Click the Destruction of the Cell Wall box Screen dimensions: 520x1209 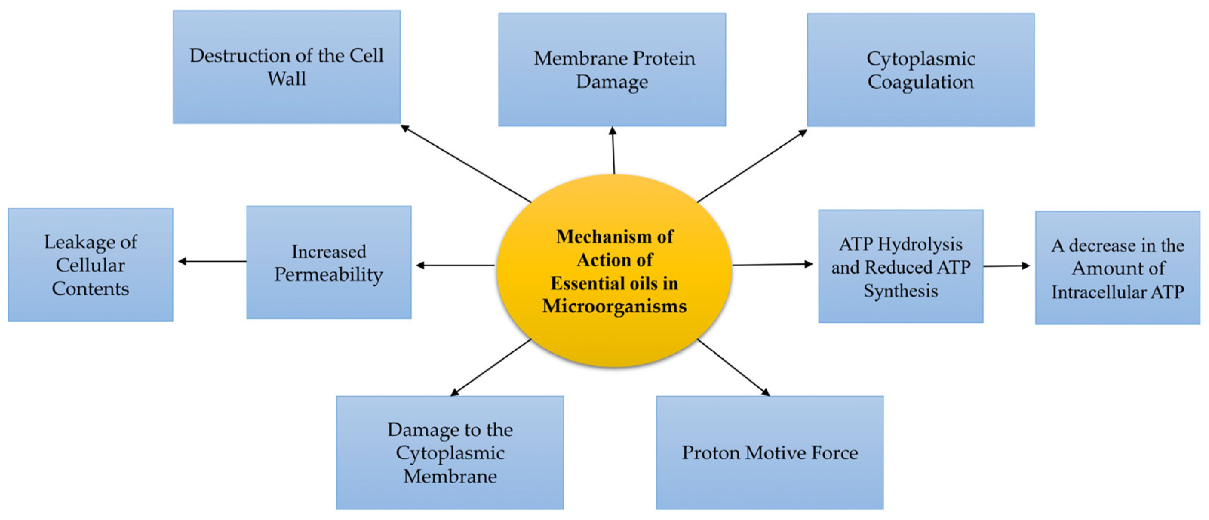point(286,67)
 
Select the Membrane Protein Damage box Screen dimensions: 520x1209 point(611,69)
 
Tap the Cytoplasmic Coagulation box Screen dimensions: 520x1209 point(920,69)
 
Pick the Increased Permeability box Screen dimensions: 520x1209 point(329,262)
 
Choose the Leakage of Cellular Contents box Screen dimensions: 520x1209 point(90,265)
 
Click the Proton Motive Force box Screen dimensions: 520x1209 point(770,453)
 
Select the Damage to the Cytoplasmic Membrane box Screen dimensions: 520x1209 point(450,453)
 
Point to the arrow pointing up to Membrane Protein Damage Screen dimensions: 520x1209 point(613,150)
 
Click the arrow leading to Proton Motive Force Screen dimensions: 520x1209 point(733,367)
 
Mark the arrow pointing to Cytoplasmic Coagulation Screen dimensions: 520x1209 point(752,166)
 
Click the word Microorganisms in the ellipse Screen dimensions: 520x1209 point(614,306)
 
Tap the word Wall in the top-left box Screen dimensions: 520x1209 point(287,78)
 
